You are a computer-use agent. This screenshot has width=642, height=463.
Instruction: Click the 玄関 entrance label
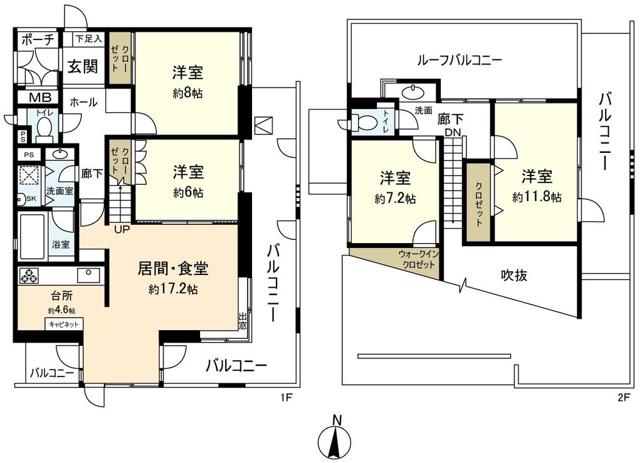[83, 66]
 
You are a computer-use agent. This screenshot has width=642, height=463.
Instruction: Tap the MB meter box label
[38, 98]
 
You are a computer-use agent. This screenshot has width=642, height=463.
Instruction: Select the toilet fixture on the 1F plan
[44, 128]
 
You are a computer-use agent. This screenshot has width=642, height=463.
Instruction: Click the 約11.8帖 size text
[536, 197]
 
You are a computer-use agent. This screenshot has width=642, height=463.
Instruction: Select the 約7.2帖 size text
[395, 199]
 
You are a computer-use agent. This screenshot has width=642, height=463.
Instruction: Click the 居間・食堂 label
[173, 269]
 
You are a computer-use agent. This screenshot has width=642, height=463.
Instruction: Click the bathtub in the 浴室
[32, 236]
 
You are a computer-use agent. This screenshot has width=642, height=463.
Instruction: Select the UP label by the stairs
[122, 229]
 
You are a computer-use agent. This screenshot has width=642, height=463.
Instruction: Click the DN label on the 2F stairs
[453, 132]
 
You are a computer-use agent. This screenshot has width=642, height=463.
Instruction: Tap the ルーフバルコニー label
[460, 61]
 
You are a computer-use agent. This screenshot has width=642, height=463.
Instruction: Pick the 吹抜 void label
[513, 275]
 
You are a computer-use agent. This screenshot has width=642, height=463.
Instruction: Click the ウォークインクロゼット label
[417, 259]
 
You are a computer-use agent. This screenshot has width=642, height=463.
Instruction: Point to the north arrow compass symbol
[337, 440]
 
